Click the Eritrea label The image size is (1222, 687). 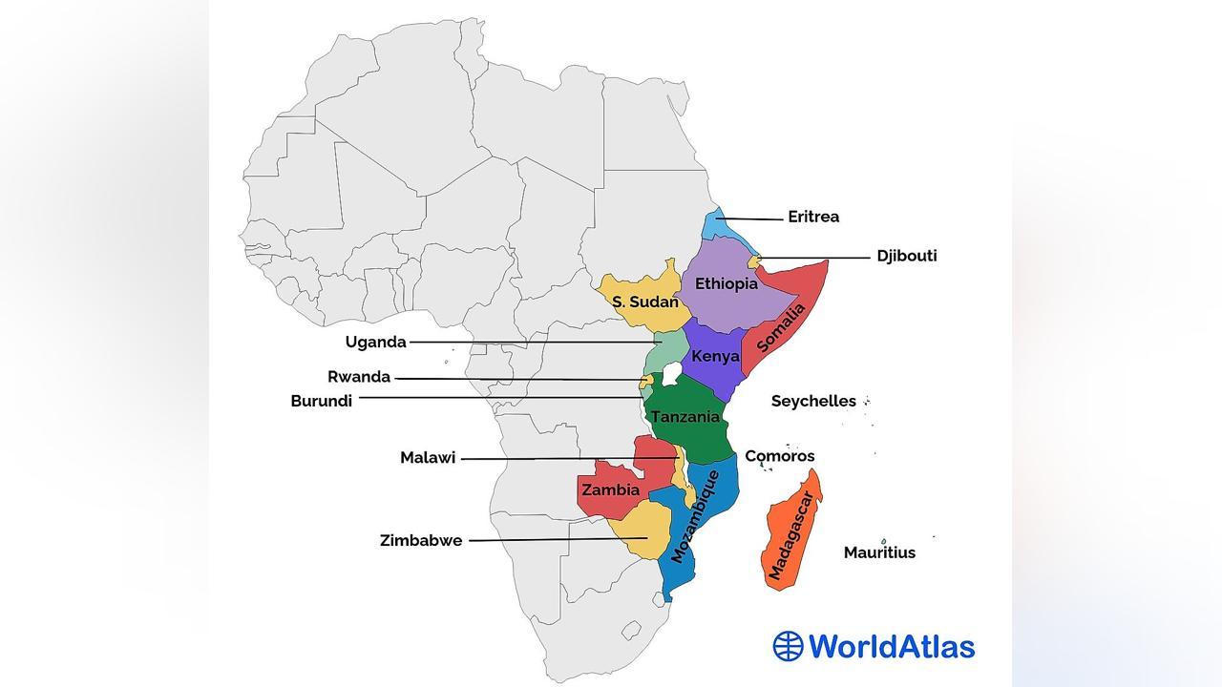click(812, 217)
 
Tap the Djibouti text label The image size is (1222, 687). click(906, 256)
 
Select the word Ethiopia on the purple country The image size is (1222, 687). click(726, 283)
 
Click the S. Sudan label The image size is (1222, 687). click(644, 302)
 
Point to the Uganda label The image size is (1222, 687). click(375, 342)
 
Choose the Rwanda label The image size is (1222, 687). click(358, 377)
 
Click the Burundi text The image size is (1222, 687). click(321, 401)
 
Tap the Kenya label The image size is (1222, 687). click(715, 356)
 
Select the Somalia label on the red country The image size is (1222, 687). click(782, 327)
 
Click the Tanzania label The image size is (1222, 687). click(685, 417)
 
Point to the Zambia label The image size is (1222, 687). click(610, 489)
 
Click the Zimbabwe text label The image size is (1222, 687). click(420, 540)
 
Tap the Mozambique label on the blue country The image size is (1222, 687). click(694, 515)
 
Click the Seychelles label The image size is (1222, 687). click(812, 401)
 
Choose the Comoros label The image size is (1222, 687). click(779, 456)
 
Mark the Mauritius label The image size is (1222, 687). click(878, 552)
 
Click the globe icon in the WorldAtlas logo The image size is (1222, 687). click(789, 646)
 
